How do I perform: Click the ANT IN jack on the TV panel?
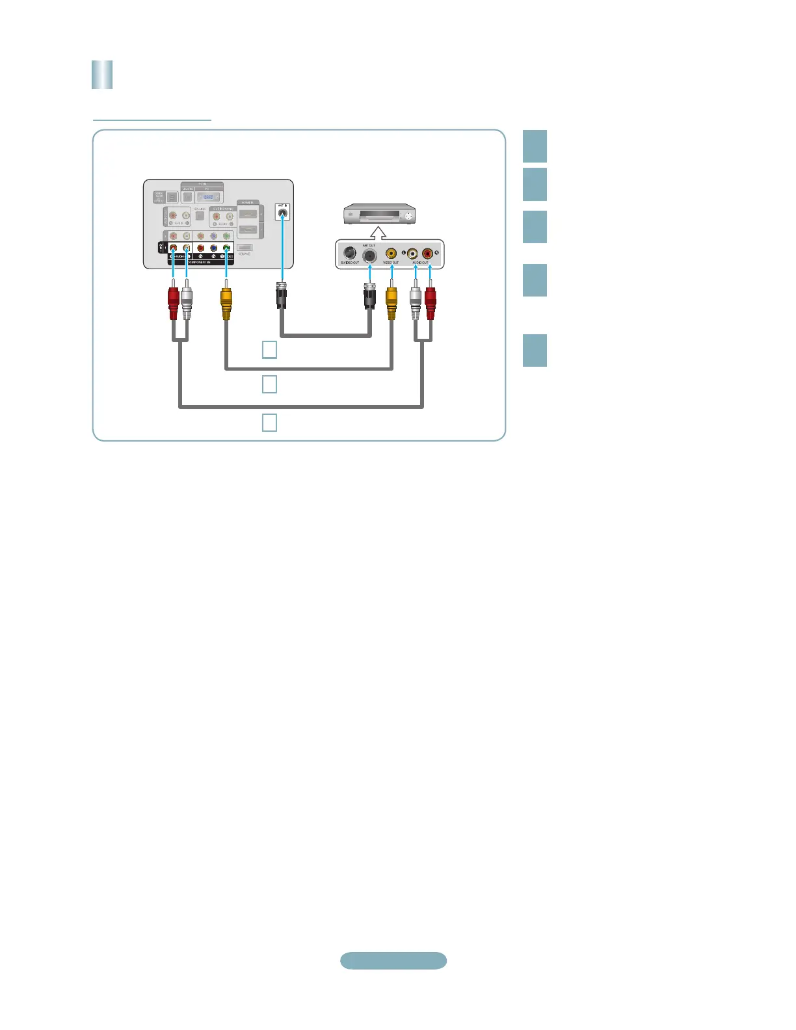[282, 212]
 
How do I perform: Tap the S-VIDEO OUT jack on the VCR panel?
[349, 253]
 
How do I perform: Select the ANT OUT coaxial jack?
[369, 255]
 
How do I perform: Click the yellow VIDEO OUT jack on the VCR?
[391, 253]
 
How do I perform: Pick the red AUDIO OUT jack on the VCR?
[427, 253]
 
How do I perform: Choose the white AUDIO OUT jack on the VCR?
[412, 253]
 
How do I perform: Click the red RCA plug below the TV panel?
[173, 302]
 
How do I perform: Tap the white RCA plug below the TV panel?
[187, 302]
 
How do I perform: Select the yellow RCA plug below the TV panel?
[226, 302]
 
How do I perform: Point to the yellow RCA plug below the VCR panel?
[391, 302]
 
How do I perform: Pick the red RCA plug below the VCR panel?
[430, 302]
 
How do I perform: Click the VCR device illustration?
[379, 215]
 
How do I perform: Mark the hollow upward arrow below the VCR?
[378, 232]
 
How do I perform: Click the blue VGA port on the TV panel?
[208, 196]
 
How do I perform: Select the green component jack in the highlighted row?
[226, 248]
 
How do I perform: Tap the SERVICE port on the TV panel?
[244, 248]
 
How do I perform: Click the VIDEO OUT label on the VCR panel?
[391, 263]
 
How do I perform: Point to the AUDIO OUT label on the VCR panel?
[420, 263]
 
